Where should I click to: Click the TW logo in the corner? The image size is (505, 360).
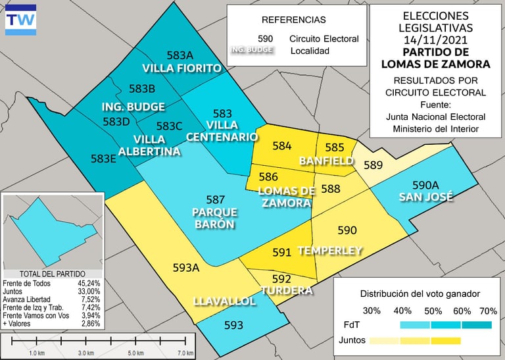point(20,20)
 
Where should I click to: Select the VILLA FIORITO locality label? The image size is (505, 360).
point(182,68)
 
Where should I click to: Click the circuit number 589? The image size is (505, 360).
point(373,165)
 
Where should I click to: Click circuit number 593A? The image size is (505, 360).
point(185,268)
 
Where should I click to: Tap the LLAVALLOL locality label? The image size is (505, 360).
point(224,301)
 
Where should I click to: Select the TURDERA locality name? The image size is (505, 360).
point(286,291)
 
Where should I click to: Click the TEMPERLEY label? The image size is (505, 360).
point(330,251)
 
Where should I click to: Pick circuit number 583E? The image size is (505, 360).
point(103,159)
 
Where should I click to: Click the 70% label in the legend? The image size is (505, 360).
point(488,310)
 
